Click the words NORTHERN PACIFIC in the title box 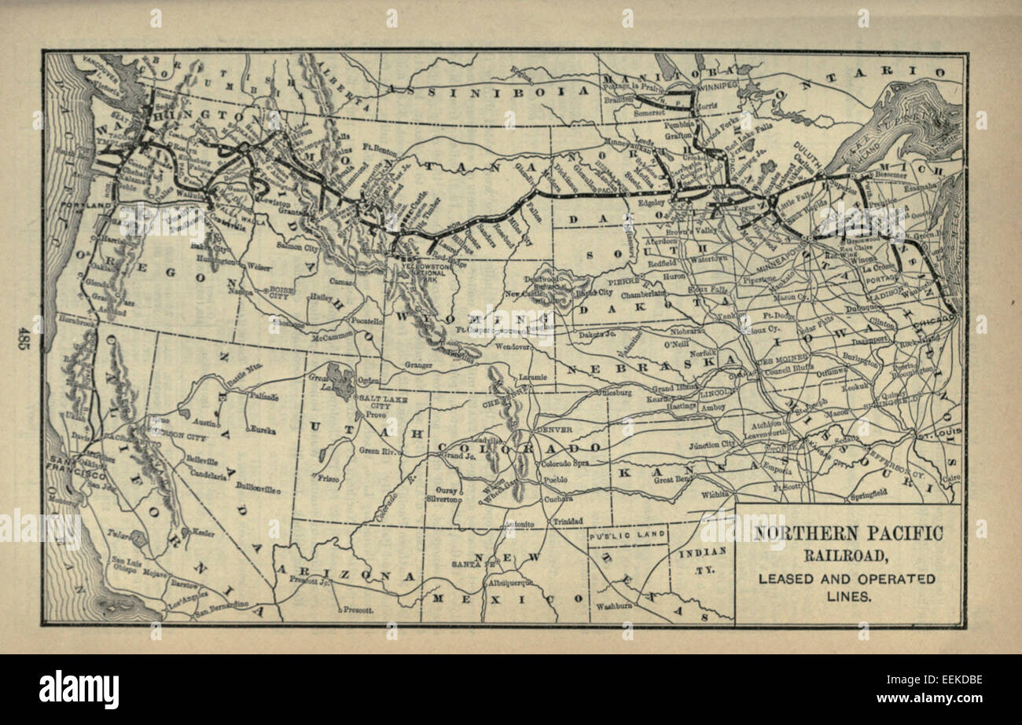click(x=848, y=533)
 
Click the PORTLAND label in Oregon click(x=90, y=205)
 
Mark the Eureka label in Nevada click(x=263, y=430)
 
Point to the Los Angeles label click(x=188, y=604)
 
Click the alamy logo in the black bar click(x=79, y=690)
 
